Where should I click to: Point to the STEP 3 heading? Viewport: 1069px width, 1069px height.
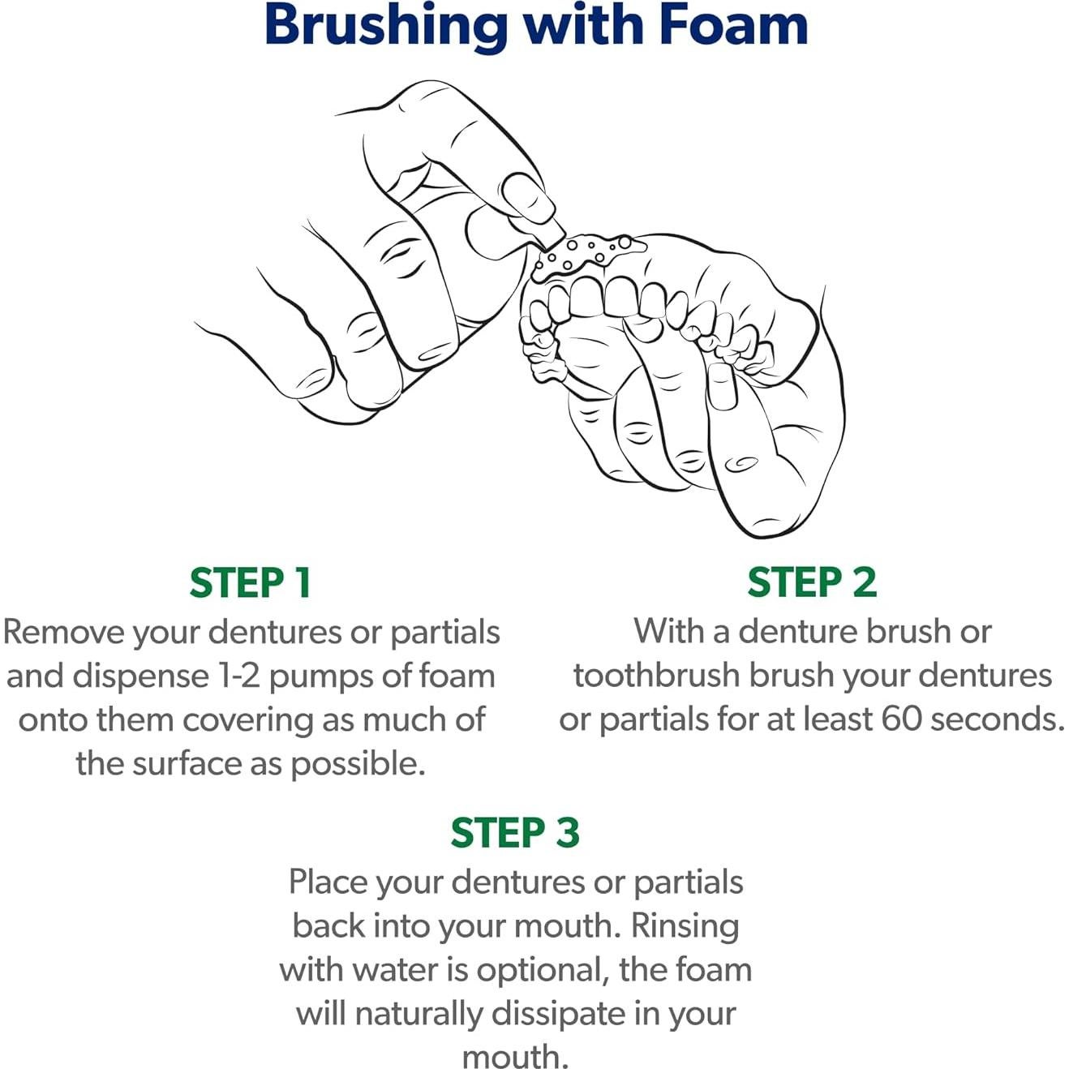[x=515, y=832]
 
